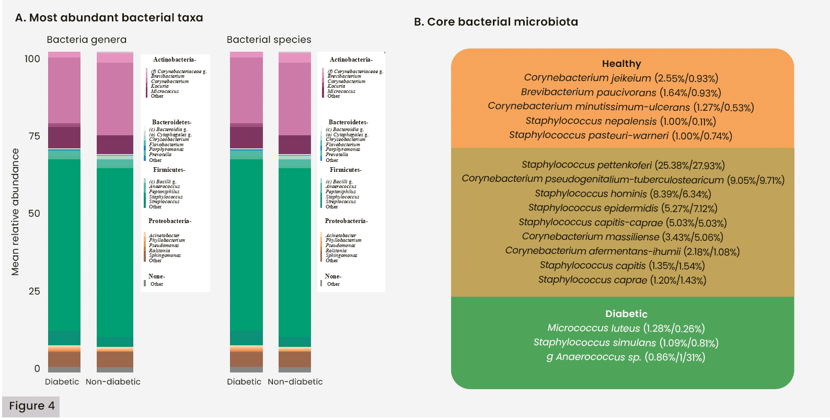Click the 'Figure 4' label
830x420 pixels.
[x=31, y=406]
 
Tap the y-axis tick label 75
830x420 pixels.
[x=34, y=136]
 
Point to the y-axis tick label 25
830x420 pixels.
[x=34, y=291]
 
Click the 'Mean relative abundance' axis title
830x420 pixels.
[x=15, y=212]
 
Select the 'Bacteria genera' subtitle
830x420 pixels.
[x=86, y=40]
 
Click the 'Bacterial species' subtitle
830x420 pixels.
[x=269, y=40]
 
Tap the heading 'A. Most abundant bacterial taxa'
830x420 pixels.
[x=109, y=18]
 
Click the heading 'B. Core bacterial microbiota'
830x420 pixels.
[x=495, y=22]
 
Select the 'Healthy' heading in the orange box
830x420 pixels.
[x=621, y=64]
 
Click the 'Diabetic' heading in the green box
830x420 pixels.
[x=626, y=314]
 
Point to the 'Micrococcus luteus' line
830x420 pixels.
[x=626, y=328]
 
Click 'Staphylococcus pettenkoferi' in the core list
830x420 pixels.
[x=623, y=165]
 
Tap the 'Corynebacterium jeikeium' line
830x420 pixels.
[x=621, y=78]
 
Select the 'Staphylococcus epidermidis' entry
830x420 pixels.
[x=622, y=208]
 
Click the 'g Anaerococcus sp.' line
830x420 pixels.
[x=625, y=357]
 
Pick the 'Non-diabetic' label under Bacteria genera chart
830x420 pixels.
[x=113, y=382]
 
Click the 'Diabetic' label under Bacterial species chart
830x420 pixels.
[x=244, y=382]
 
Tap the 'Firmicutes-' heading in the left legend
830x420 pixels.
[x=169, y=170]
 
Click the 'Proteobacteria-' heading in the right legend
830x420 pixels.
[x=346, y=221]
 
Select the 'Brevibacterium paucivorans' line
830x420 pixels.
[x=621, y=92]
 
